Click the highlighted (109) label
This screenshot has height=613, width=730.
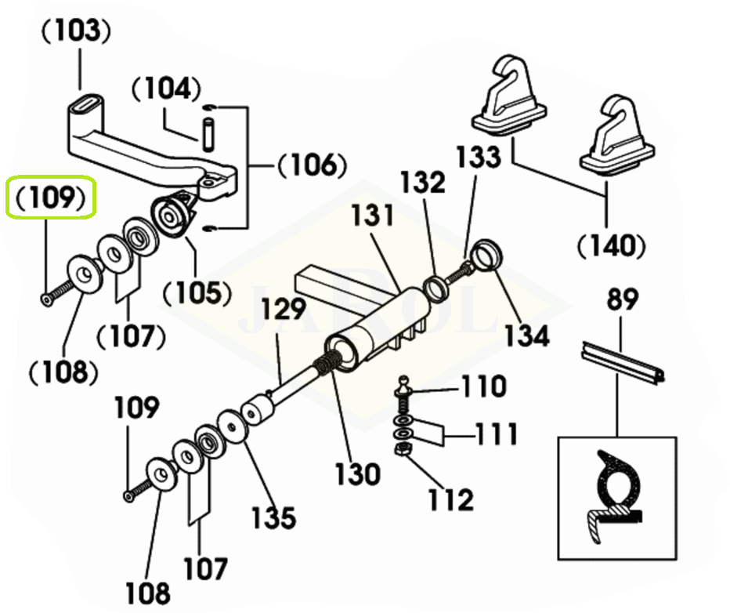[51, 198]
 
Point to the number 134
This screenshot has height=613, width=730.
[526, 334]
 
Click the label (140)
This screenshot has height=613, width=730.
[611, 246]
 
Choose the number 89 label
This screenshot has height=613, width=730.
[622, 300]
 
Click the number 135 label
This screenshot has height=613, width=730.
[273, 517]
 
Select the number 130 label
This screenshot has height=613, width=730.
[358, 473]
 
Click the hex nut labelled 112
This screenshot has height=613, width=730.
[402, 450]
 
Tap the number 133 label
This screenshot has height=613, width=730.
[479, 157]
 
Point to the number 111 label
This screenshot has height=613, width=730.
[496, 433]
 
